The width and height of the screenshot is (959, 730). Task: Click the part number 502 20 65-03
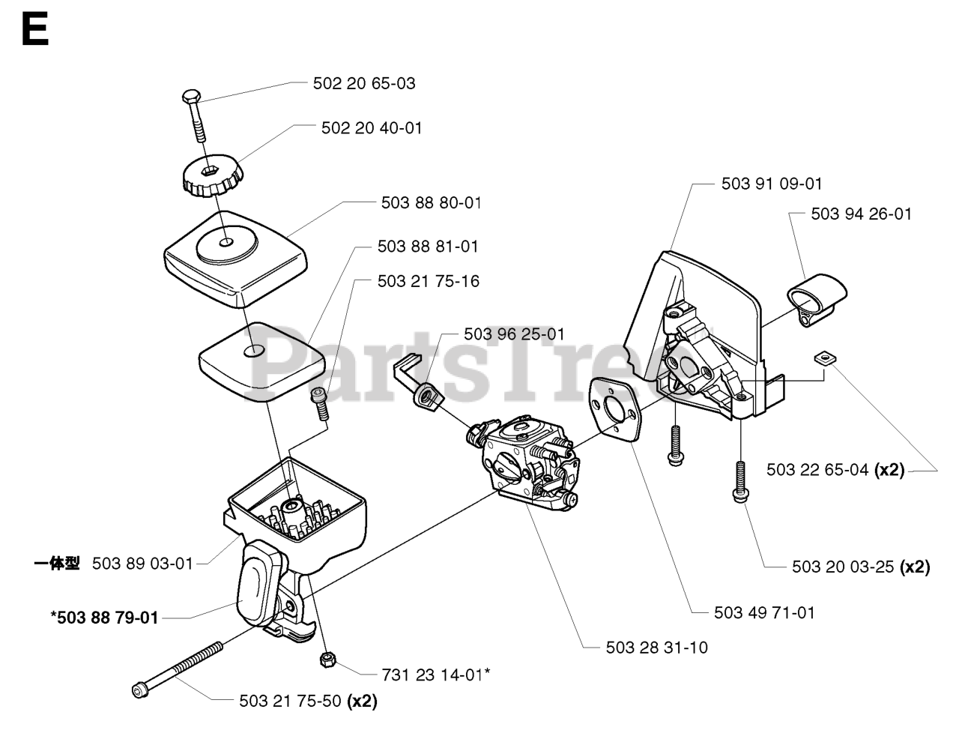point(364,83)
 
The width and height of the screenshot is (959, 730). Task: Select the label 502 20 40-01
point(372,128)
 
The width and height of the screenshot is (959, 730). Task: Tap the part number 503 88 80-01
point(431,202)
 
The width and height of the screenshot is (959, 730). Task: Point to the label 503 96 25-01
point(514,334)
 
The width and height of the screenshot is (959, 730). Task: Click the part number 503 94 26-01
point(861,214)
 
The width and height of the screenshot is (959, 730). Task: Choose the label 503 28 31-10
point(657,647)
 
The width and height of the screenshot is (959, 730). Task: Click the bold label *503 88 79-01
point(104,618)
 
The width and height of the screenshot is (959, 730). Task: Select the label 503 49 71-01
point(764,612)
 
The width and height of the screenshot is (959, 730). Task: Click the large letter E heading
point(34,31)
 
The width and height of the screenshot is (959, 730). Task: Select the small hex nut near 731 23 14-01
point(326,660)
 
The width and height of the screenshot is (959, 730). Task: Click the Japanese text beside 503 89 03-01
point(57,563)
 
